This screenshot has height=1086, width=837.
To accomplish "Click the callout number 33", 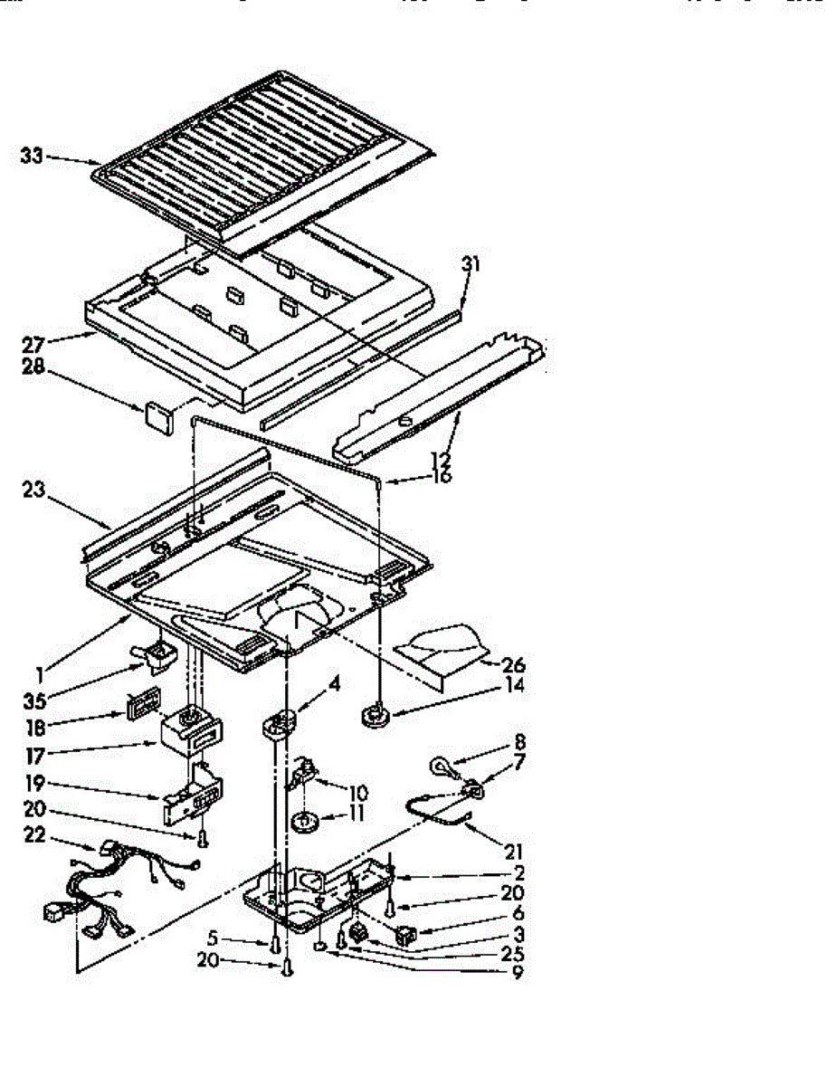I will coord(32,157).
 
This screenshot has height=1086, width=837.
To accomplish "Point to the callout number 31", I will coord(471,265).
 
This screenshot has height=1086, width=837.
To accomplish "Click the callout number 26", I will coord(512,665).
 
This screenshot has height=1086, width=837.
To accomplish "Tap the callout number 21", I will coord(514,852).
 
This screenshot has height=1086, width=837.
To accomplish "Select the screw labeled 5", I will coord(272,944).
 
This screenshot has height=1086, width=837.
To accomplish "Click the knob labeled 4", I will coord(281,722).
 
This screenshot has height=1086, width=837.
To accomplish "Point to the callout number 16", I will coord(441,476).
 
